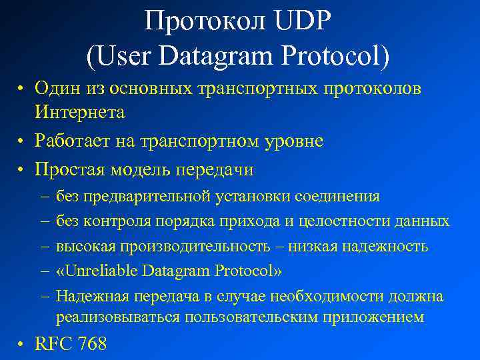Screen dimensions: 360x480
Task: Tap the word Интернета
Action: point(80,112)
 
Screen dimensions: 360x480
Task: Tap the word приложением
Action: point(373,317)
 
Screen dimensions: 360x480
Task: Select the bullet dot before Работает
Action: point(22,141)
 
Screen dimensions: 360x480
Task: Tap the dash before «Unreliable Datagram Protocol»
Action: point(43,271)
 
